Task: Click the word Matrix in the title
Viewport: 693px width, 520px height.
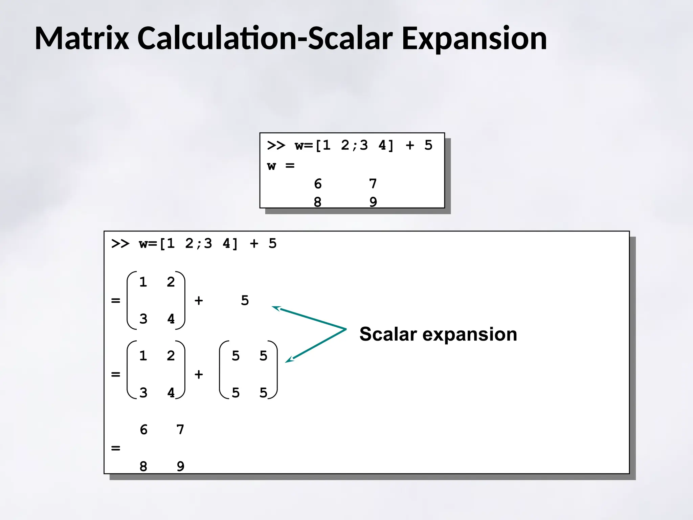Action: point(82,38)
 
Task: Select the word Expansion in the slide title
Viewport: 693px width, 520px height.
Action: point(474,39)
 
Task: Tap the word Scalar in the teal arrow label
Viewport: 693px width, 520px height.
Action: point(388,334)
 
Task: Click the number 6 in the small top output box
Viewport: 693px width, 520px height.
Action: point(317,184)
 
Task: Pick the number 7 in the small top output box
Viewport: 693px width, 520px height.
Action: point(373,184)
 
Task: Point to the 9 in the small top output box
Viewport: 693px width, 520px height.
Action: point(373,202)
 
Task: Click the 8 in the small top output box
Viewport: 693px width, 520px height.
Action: point(317,202)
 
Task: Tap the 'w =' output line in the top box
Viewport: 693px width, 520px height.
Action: point(281,166)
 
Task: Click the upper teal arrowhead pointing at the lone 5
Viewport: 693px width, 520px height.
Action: point(276,308)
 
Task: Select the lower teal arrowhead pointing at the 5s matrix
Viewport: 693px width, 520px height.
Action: point(289,360)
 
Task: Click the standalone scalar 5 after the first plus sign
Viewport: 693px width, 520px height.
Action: point(245,301)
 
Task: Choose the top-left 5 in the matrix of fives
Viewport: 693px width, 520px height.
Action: point(236,356)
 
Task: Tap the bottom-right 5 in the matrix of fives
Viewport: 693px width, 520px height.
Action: point(263,393)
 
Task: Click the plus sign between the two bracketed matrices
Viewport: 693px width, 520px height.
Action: point(199,374)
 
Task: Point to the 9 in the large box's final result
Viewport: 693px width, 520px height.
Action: point(180,467)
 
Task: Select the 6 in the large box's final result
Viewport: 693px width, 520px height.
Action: point(143,430)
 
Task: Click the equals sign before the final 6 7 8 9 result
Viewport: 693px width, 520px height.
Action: point(116,448)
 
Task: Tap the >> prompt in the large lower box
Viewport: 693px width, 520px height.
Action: point(120,244)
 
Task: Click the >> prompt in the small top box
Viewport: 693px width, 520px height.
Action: point(276,146)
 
